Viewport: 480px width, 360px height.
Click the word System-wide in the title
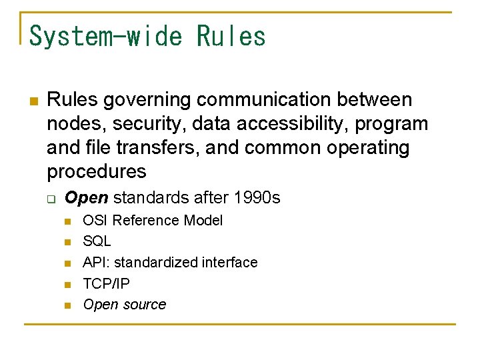click(x=106, y=36)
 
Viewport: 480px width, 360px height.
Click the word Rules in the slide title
click(x=231, y=36)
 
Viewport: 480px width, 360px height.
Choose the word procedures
click(x=96, y=171)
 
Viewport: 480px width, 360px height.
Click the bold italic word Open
click(x=87, y=198)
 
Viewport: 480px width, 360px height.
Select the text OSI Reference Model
click(x=153, y=221)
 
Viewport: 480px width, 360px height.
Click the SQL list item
click(x=97, y=241)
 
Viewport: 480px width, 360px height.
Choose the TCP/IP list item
click(x=106, y=283)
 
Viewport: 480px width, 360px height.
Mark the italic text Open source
click(x=124, y=305)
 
